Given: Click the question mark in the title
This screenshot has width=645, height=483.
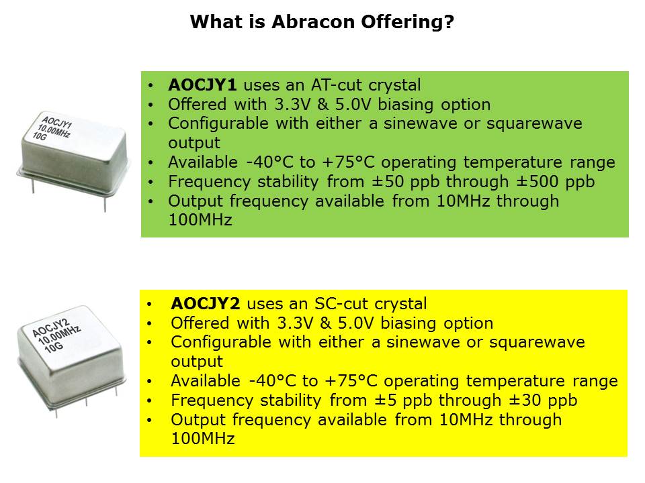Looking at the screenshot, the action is coord(449,21).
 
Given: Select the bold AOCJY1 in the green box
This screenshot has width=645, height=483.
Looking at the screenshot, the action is coord(202,85).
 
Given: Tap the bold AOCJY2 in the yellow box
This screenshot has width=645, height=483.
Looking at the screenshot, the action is coord(206,304).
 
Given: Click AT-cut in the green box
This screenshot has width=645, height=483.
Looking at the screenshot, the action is coord(336,85).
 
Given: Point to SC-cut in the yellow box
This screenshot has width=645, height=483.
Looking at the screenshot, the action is coord(340,304).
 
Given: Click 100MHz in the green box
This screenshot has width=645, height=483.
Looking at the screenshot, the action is coord(200,220).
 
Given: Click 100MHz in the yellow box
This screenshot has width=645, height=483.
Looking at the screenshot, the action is coord(203,439).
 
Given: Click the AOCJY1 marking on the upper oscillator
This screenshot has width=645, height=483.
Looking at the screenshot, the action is coord(56,122).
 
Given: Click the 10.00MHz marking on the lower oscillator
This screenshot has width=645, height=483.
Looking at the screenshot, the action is coord(59,335).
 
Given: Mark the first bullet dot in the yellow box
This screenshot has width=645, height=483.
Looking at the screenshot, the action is coord(149,305).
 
